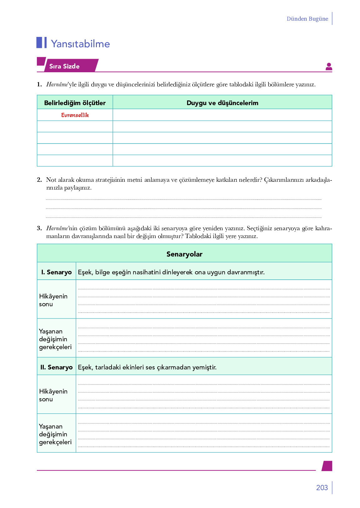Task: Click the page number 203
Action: click(x=322, y=488)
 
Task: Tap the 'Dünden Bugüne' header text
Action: click(x=307, y=19)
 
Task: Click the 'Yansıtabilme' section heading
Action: click(x=80, y=44)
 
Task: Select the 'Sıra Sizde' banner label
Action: click(x=64, y=66)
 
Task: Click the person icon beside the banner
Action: click(x=329, y=67)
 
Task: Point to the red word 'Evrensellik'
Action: click(x=75, y=115)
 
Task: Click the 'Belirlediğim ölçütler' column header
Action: click(x=75, y=103)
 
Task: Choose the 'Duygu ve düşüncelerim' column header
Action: click(x=222, y=103)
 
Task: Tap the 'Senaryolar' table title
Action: click(x=184, y=254)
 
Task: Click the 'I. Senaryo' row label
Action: click(x=57, y=272)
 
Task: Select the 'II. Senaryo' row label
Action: click(x=57, y=367)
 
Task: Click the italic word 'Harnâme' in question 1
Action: click(x=57, y=84)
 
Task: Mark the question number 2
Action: click(x=39, y=180)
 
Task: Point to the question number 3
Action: click(x=39, y=228)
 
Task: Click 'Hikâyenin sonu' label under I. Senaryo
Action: click(x=53, y=300)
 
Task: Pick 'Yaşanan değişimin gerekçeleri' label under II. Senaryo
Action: click(x=55, y=434)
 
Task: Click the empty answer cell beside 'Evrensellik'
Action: click(x=222, y=115)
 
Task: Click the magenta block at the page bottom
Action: click(x=327, y=466)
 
